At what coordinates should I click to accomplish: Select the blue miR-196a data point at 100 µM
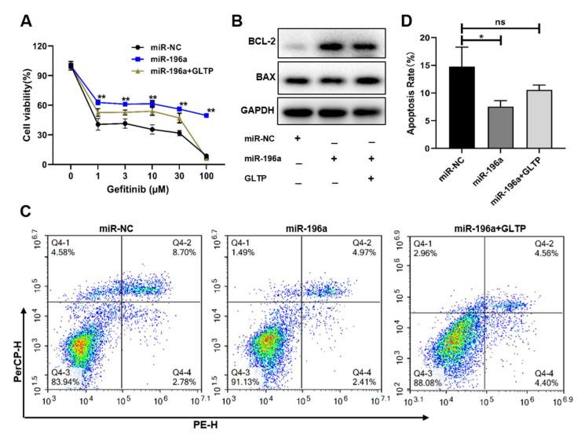coord(207,115)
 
